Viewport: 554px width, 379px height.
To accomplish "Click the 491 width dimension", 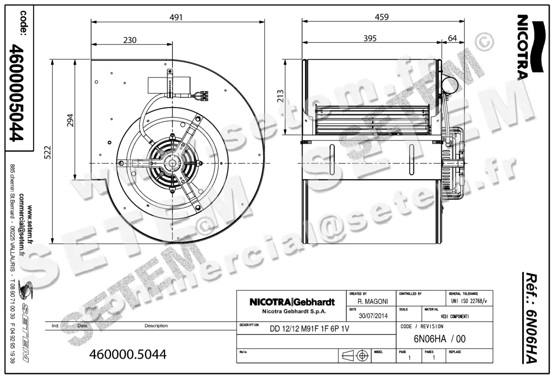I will [176, 17].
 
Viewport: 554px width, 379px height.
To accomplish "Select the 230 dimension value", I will [130, 40].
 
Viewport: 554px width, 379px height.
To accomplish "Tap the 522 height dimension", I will [48, 152].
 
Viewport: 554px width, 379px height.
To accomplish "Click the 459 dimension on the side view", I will [381, 17].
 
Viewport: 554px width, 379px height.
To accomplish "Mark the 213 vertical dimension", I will [280, 95].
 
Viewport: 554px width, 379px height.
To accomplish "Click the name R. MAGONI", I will [373, 301].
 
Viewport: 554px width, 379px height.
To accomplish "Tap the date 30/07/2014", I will [373, 316].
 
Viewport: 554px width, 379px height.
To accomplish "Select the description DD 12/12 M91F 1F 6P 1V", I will [306, 329].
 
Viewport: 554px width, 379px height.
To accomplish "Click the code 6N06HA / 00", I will [439, 339].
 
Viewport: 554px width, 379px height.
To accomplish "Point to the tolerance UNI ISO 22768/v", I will [469, 301].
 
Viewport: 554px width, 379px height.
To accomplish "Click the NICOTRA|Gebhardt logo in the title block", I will [292, 302].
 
